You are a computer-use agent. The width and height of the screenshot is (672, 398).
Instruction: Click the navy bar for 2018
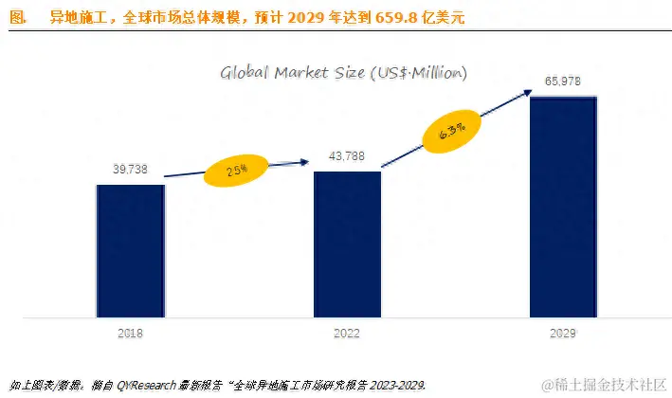pos(130,250)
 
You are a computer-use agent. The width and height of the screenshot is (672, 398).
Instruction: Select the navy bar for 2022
pos(347,244)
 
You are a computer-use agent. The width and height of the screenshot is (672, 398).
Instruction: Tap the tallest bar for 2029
pos(563,206)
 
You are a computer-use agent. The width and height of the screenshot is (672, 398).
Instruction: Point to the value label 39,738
pos(130,168)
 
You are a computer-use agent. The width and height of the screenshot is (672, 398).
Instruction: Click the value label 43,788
pos(347,155)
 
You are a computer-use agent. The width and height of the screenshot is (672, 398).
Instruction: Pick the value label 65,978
pos(563,81)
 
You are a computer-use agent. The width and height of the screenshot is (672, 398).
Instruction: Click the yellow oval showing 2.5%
pos(237,171)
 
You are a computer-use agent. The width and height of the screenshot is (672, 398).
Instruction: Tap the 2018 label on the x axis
pos(130,334)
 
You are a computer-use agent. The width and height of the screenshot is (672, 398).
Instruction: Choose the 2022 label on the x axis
pos(347,334)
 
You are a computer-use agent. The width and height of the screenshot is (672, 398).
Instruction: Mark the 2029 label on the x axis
pos(563,334)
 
